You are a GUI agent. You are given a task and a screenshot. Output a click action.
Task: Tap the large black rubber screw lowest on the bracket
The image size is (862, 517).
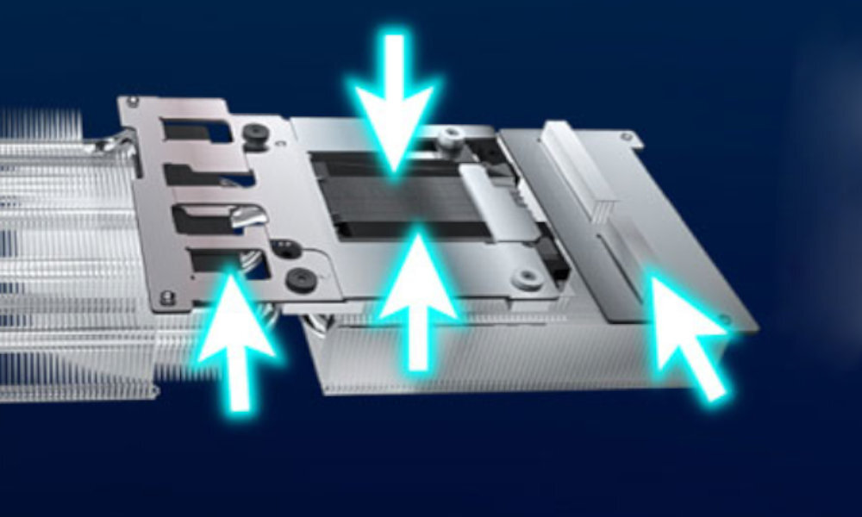(x=301, y=278)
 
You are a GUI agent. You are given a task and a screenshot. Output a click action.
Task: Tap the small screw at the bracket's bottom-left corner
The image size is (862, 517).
(x=166, y=297)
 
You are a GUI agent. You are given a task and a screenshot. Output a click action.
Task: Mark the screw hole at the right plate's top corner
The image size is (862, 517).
(x=628, y=136)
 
